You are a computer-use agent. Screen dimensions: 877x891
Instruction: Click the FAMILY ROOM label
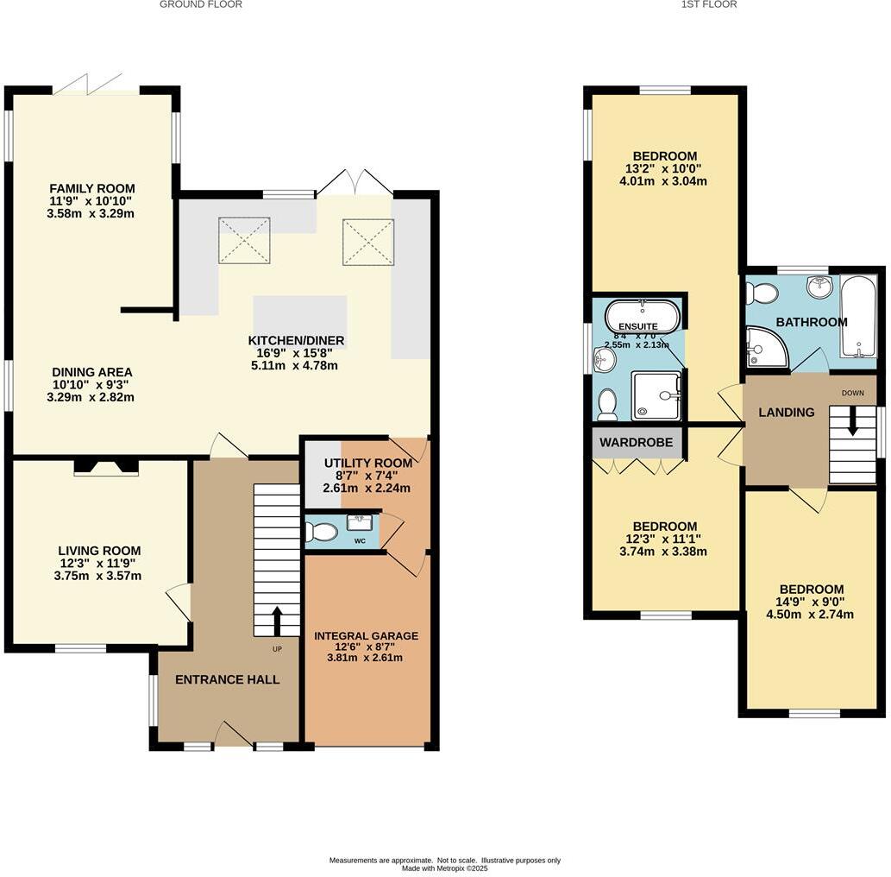click(x=91, y=188)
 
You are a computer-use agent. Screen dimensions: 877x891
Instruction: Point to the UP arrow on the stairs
click(x=277, y=620)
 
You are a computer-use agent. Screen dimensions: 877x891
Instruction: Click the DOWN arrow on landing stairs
click(x=853, y=422)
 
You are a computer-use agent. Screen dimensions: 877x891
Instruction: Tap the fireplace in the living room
click(x=106, y=466)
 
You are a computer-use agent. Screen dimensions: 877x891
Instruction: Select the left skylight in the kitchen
click(x=244, y=240)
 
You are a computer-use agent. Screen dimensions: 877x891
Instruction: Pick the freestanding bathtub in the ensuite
click(x=642, y=316)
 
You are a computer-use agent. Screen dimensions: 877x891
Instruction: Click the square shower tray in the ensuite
click(x=656, y=395)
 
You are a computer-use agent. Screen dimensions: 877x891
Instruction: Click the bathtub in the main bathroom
click(x=858, y=315)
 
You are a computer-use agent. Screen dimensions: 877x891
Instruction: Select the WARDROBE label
click(x=637, y=443)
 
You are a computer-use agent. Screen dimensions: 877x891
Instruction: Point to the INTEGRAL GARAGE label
click(x=366, y=636)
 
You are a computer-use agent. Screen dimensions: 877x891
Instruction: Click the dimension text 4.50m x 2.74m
click(x=811, y=615)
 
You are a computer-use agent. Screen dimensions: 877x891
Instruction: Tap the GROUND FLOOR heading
click(x=200, y=4)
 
